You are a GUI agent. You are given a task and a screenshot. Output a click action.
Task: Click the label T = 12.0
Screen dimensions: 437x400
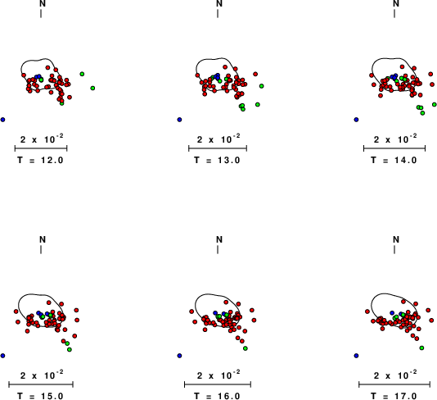point(40,160)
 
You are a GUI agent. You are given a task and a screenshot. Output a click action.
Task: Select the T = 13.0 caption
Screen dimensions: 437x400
point(217,160)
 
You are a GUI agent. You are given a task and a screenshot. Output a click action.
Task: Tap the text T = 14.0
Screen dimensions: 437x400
point(394,160)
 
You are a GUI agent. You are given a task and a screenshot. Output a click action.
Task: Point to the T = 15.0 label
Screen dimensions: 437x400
point(40,396)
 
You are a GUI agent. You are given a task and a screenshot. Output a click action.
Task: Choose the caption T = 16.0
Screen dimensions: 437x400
point(217,396)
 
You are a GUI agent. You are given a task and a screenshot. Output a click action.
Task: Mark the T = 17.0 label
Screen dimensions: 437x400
point(394,396)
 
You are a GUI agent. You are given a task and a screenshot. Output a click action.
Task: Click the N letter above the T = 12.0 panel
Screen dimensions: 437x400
point(43,3)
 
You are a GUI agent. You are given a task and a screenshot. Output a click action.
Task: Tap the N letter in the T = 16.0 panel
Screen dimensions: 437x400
point(219,239)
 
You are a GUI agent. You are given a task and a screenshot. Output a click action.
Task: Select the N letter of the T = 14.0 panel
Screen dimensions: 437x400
point(396,3)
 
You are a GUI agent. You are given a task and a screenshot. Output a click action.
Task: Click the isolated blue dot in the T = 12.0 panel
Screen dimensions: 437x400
point(2,120)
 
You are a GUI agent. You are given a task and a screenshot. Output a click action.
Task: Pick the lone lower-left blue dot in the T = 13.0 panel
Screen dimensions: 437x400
point(179,120)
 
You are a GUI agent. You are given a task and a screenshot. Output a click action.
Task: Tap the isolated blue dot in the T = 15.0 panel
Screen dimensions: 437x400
point(2,356)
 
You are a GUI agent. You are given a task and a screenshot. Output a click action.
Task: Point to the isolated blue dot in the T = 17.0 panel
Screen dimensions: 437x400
point(356,356)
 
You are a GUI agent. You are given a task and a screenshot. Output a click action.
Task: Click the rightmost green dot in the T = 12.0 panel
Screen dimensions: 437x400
point(92,88)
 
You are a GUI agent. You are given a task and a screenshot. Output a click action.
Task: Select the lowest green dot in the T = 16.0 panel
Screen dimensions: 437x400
point(246,348)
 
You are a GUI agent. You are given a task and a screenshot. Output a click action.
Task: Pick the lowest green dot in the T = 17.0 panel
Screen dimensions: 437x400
point(421,348)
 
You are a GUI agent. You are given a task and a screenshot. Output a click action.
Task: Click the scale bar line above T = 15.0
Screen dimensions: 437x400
point(41,384)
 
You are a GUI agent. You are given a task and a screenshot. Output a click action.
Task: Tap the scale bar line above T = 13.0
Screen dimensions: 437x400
point(218,148)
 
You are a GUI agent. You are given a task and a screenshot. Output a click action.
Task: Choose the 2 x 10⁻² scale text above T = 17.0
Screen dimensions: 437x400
point(395,375)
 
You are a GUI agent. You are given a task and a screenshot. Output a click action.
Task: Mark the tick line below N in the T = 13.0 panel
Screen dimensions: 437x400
point(218,13)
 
